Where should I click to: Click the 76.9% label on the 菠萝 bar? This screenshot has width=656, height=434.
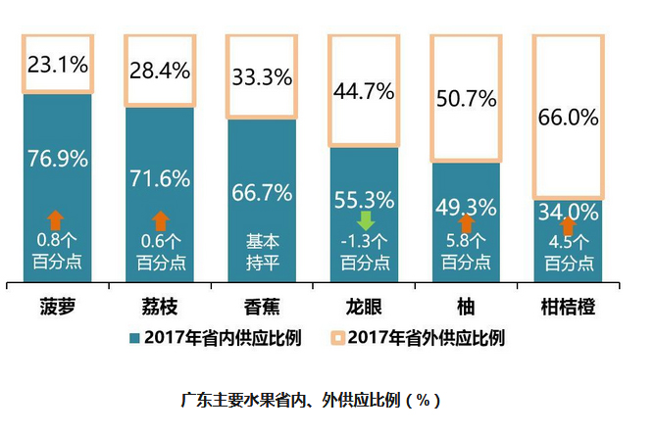point(58,159)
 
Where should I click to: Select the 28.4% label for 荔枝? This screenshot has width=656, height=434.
point(160,71)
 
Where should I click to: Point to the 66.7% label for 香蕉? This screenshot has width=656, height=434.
point(262,192)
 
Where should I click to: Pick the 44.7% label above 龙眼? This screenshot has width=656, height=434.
point(364,93)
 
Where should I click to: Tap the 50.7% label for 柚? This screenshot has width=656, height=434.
point(466,101)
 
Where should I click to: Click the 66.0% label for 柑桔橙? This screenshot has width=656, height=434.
point(568,118)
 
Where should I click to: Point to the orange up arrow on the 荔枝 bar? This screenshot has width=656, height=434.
point(160,221)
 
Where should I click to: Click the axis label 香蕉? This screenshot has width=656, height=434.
point(262,307)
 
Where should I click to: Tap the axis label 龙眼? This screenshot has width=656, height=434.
point(364,307)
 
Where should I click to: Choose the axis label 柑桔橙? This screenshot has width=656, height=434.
point(568,307)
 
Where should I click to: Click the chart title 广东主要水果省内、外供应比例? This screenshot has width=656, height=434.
point(311,400)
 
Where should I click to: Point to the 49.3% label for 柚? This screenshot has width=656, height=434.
point(466,207)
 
